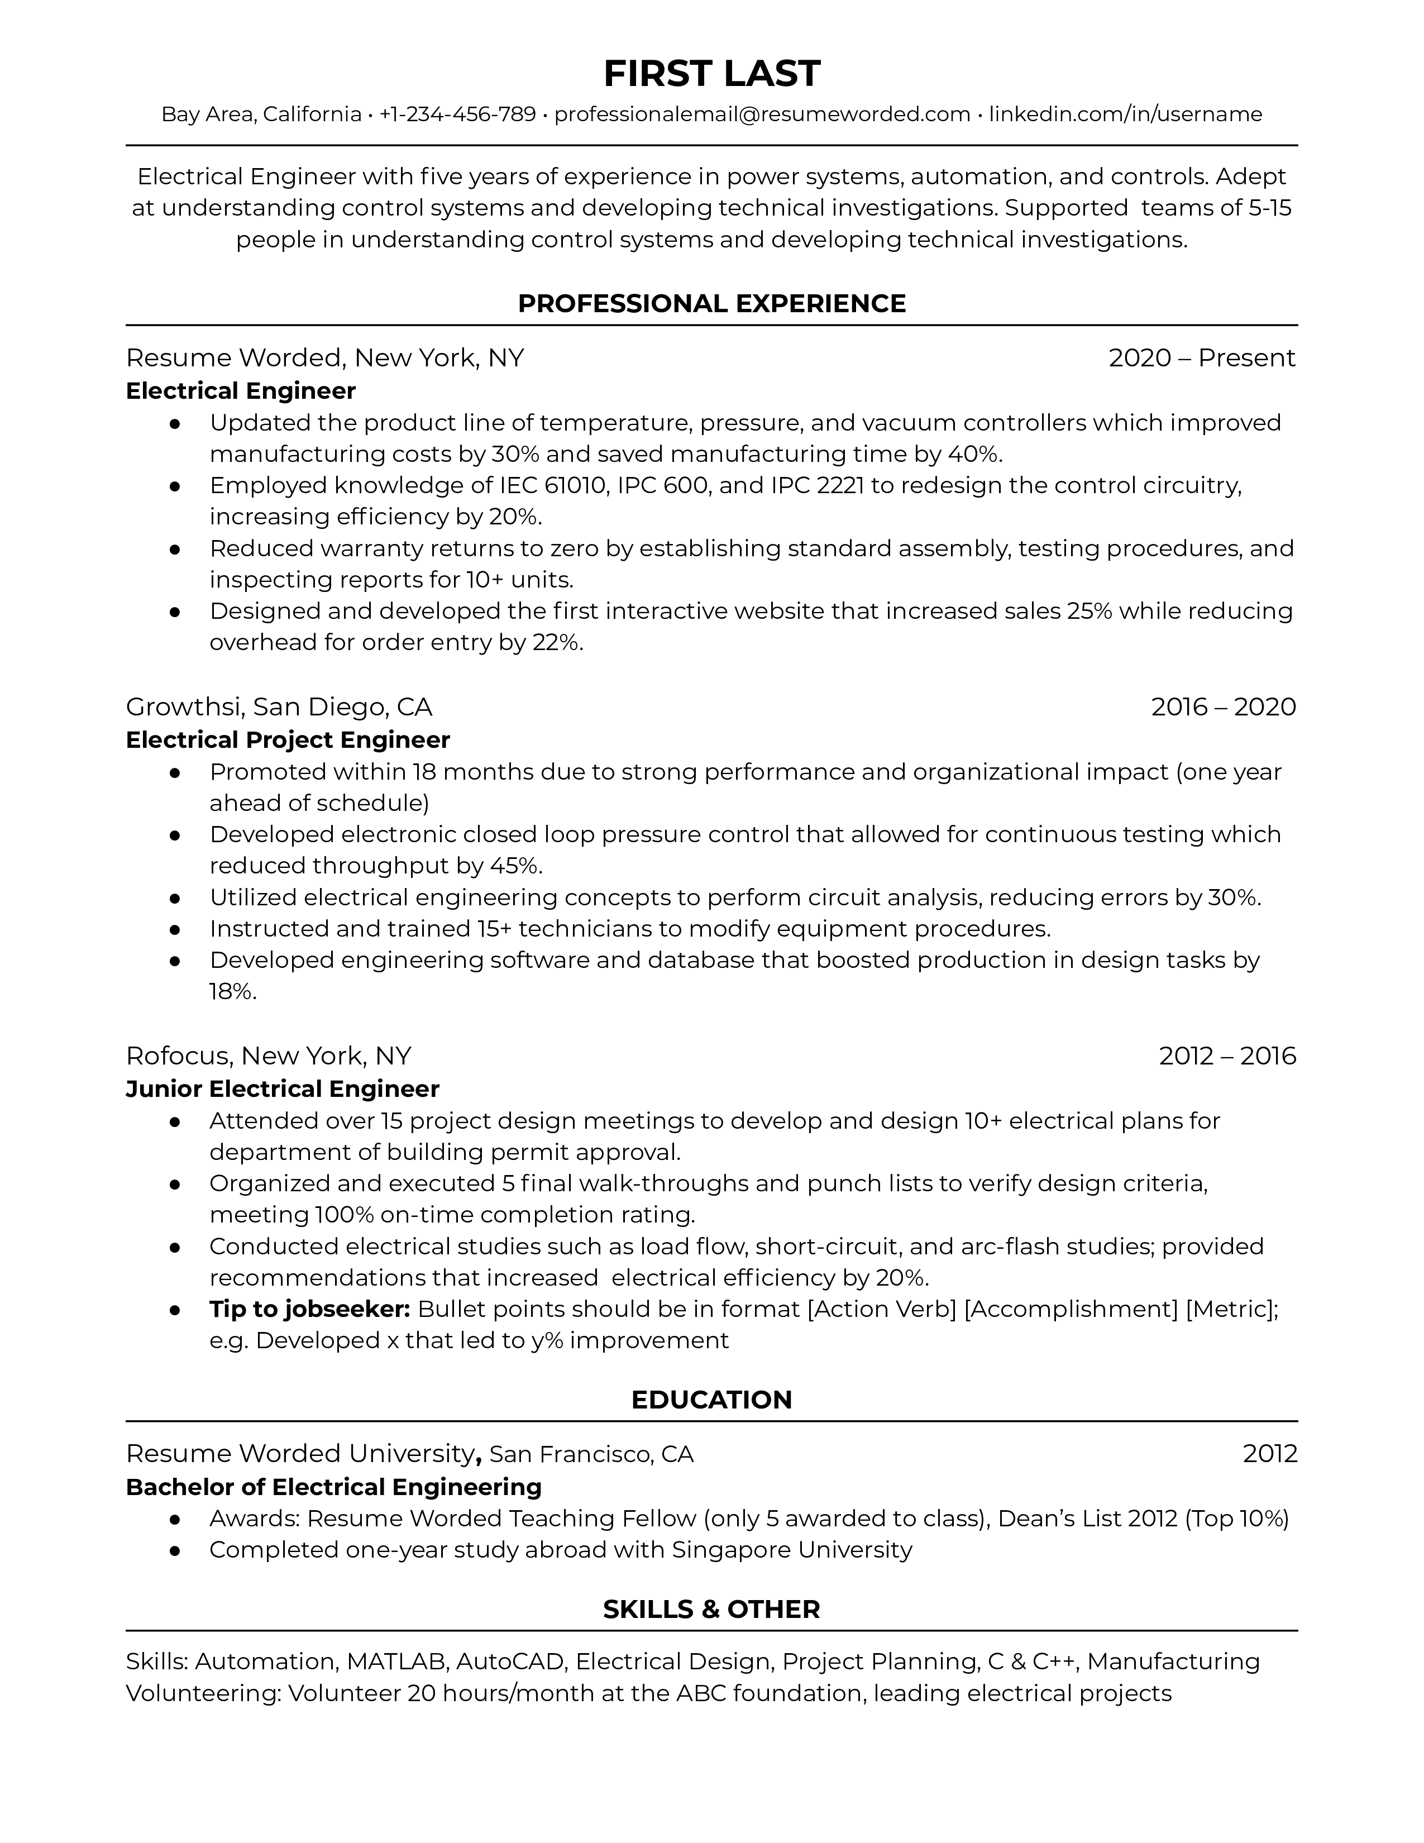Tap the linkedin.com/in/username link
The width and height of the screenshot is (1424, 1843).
pyautogui.click(x=1125, y=114)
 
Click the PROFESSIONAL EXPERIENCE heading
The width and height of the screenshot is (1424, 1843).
pyautogui.click(x=711, y=304)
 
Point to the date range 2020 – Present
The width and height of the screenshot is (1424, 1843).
pyautogui.click(x=1201, y=358)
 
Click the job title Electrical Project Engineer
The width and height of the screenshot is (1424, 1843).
pyautogui.click(x=288, y=740)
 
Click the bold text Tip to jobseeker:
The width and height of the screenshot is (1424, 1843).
pyautogui.click(x=309, y=1309)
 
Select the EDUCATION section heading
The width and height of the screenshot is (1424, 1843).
pyautogui.click(x=711, y=1400)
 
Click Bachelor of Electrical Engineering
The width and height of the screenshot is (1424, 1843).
pyautogui.click(x=333, y=1487)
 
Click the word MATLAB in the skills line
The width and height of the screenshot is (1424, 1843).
pyautogui.click(x=396, y=1661)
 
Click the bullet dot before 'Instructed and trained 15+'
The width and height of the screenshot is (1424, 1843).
pyautogui.click(x=175, y=929)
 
